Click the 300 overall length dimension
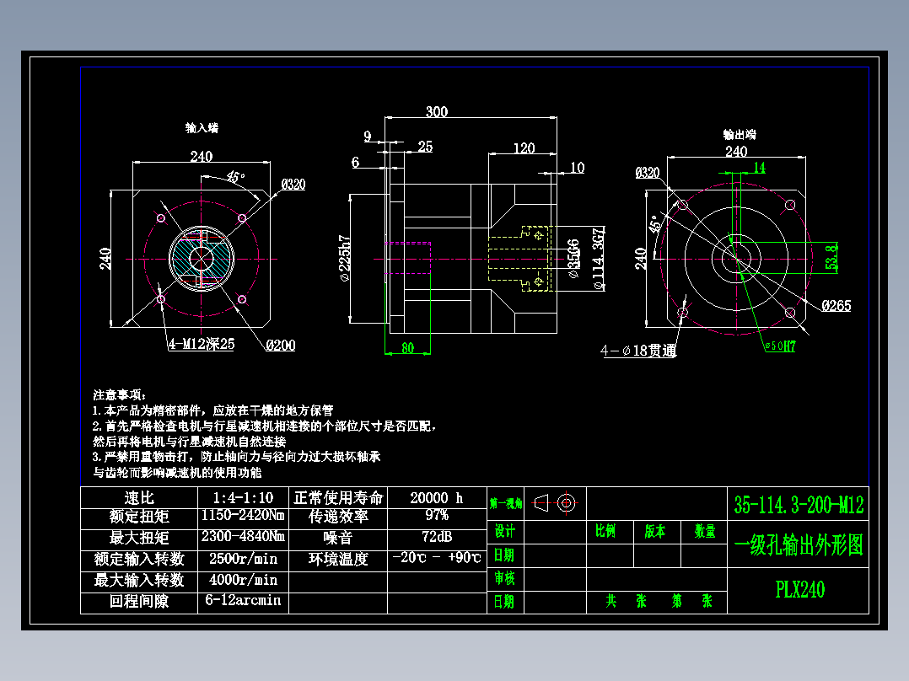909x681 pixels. click(436, 111)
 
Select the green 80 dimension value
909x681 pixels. click(408, 348)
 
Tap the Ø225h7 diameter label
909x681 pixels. click(344, 256)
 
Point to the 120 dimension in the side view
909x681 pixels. click(524, 147)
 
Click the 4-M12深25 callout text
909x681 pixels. click(200, 344)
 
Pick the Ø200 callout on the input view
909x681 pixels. click(281, 345)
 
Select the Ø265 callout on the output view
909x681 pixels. click(836, 306)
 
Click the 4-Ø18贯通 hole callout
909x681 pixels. click(638, 351)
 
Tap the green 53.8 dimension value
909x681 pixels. click(832, 256)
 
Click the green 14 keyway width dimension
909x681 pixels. click(759, 168)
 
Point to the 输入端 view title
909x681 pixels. click(202, 128)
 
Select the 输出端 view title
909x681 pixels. click(740, 134)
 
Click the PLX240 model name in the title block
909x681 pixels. click(799, 589)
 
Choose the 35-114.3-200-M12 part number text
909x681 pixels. click(799, 505)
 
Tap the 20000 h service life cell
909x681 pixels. click(437, 497)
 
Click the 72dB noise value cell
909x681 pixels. click(437, 537)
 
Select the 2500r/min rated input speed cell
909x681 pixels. click(243, 558)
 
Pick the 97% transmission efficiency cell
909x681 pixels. click(437, 516)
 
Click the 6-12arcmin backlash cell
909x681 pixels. click(243, 601)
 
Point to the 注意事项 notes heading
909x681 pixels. click(119, 394)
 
